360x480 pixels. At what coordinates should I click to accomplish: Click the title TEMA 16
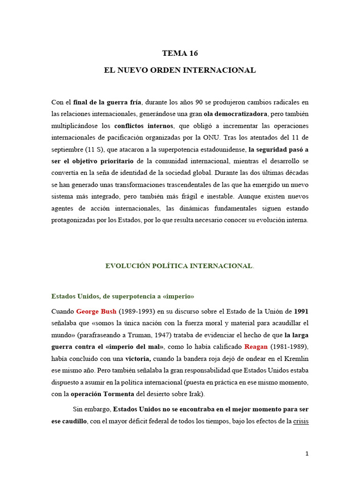(x=180, y=53)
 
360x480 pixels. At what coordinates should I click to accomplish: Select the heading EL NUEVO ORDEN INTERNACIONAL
(x=180, y=70)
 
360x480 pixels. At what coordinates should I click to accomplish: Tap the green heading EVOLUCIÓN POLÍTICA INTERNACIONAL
(x=179, y=266)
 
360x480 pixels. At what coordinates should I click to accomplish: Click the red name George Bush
(x=96, y=311)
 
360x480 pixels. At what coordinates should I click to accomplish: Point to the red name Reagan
(x=256, y=346)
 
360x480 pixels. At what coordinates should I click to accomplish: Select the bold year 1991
(x=301, y=311)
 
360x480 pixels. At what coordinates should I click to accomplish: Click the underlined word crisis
(x=301, y=421)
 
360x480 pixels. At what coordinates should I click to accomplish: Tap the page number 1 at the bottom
(x=307, y=453)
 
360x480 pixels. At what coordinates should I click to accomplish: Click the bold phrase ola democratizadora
(x=236, y=114)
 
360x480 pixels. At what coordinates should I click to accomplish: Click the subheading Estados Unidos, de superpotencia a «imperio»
(x=122, y=296)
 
